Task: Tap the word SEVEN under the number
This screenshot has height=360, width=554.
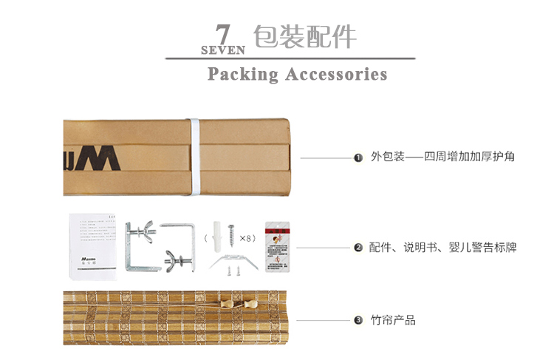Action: (222, 51)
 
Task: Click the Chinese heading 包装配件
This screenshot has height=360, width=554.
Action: (304, 36)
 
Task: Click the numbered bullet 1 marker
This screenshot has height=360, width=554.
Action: (358, 157)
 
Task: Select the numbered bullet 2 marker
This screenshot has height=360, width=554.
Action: (358, 248)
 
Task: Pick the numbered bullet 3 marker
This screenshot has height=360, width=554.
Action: (358, 320)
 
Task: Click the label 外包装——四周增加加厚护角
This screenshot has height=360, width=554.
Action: (442, 157)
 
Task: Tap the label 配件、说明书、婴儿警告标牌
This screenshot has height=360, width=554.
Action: (442, 248)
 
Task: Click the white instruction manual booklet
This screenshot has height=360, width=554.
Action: (94, 245)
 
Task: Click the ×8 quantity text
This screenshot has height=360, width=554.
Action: (247, 238)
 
